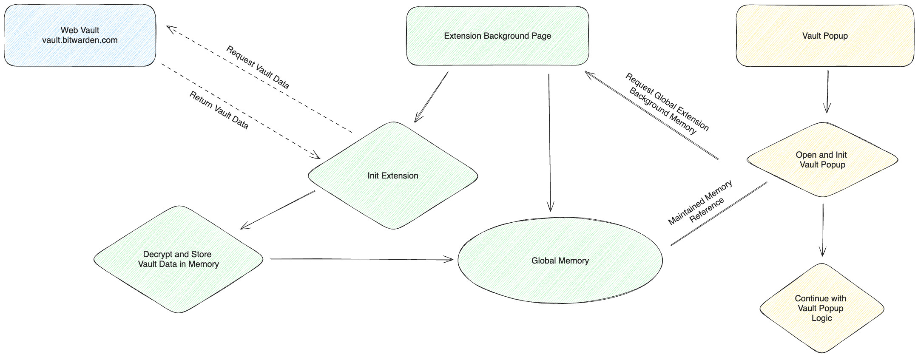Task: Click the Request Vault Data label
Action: [258, 67]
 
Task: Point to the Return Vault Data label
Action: [219, 110]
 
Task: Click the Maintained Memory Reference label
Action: [701, 202]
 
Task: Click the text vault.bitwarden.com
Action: [80, 40]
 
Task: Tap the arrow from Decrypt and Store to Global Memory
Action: [361, 259]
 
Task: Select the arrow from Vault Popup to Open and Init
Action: [827, 91]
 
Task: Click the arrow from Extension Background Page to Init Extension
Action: [431, 97]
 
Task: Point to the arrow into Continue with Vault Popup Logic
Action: [823, 230]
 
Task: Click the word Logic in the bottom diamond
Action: [821, 318]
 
